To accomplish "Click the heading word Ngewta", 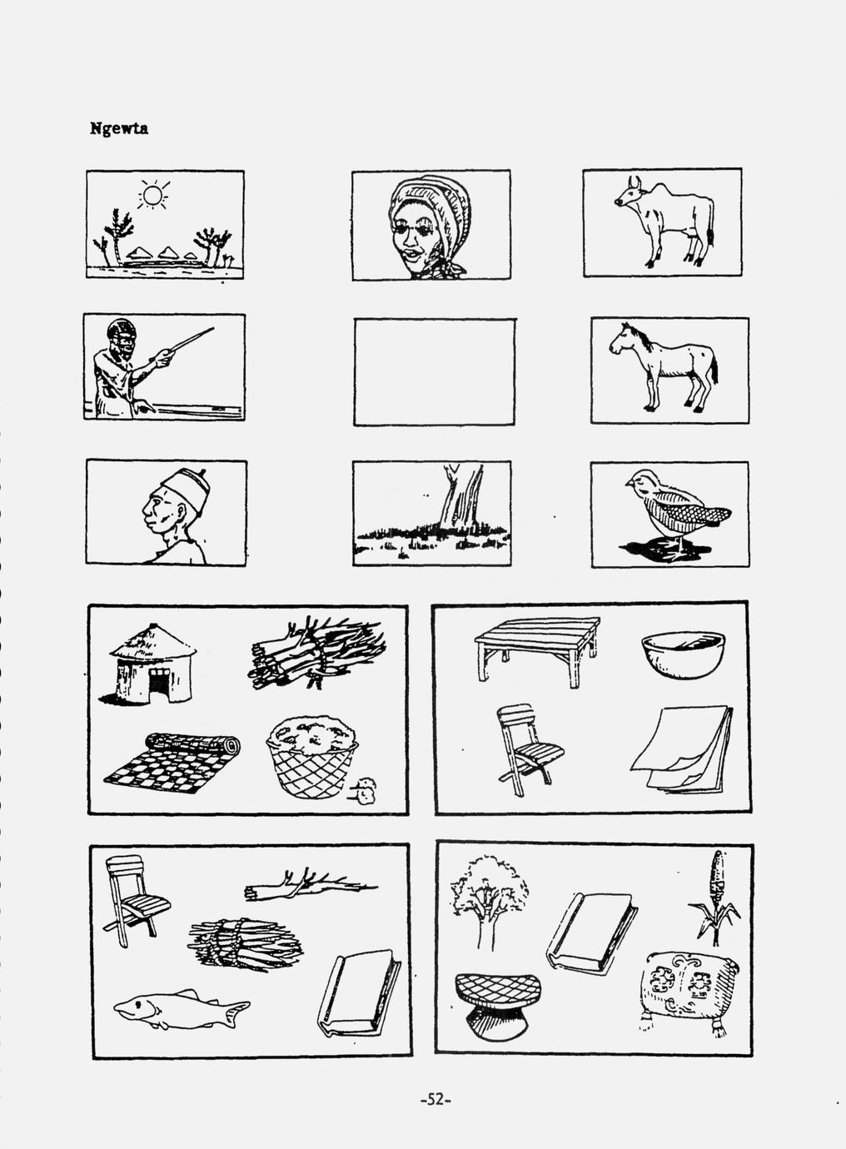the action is tap(119, 128).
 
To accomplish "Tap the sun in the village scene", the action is tap(153, 195).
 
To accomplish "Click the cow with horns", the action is tap(664, 221).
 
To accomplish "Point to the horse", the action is tap(664, 366).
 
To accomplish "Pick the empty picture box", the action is tap(434, 372).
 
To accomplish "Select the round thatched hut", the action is tap(153, 664).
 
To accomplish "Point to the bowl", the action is tap(684, 654).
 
